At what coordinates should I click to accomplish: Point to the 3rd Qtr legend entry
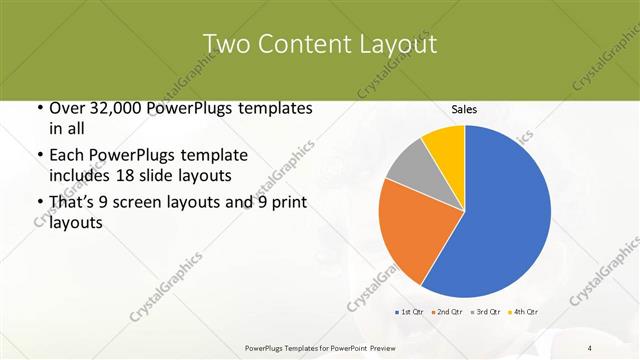487,312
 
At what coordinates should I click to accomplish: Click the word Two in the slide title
225,44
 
